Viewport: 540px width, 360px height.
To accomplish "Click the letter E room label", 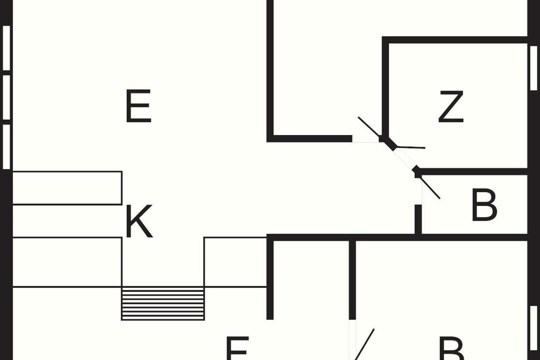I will [x=138, y=107].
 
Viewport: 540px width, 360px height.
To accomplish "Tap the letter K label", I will [x=139, y=221].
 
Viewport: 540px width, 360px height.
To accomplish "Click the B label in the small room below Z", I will [x=484, y=206].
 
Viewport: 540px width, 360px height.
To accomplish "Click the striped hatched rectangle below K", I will [x=163, y=304].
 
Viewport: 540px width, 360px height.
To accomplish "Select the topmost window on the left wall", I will [x=6, y=48].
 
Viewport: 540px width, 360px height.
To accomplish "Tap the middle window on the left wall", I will [x=6, y=98].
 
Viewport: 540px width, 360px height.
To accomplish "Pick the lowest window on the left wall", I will [x=6, y=147].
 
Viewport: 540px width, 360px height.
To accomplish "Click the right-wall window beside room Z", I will [x=533, y=68].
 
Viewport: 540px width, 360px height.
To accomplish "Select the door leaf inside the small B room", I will [x=430, y=188].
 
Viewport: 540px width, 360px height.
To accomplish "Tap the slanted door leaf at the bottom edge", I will [x=365, y=344].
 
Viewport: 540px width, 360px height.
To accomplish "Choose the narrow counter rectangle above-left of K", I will [x=67, y=188].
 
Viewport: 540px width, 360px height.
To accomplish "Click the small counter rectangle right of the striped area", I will [x=235, y=262].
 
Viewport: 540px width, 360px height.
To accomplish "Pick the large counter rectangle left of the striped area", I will [x=67, y=262].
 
